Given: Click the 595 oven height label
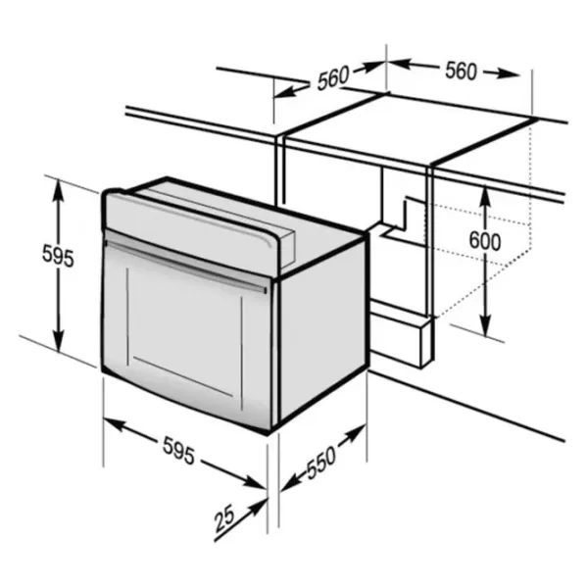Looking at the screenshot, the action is point(58,256).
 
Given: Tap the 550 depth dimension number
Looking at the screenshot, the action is point(321,463).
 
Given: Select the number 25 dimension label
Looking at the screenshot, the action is point(224,518).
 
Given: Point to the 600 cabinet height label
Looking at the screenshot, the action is point(485,240).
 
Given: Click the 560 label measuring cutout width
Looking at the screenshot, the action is point(462,71).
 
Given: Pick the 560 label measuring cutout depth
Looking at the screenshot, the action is point(333,77).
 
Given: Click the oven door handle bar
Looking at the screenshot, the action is point(186,265).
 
